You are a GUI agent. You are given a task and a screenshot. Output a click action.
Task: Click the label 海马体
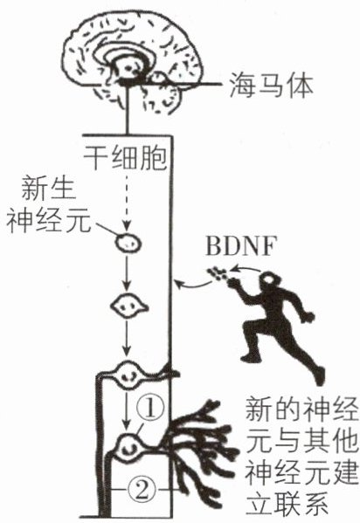(x=272, y=86)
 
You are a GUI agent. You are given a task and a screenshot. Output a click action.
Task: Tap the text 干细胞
(x=125, y=157)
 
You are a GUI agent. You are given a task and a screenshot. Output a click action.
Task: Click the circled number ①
(x=150, y=409)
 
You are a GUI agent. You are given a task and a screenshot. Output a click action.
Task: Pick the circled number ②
(x=142, y=491)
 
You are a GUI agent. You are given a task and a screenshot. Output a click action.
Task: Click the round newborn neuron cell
(x=128, y=243)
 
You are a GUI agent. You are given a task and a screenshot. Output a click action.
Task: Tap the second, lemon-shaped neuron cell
(x=129, y=306)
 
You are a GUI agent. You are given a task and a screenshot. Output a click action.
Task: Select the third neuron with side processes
(x=128, y=375)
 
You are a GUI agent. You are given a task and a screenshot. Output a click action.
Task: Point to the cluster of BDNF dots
(x=218, y=273)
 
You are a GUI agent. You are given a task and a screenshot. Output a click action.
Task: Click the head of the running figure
(x=270, y=281)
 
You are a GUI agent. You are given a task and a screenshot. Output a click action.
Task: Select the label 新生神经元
(x=49, y=204)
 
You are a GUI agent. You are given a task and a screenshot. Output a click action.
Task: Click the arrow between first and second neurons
(x=126, y=273)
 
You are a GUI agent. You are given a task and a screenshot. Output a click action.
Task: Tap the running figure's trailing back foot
(x=318, y=376)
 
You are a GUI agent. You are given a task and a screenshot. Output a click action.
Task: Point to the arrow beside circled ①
(x=126, y=411)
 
